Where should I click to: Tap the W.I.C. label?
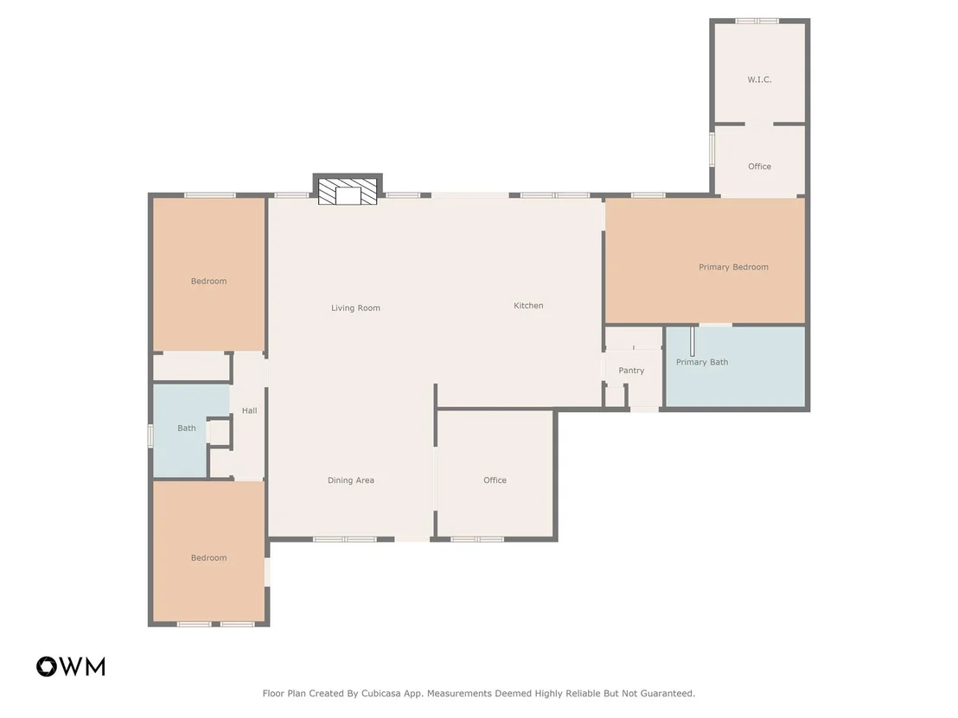(x=759, y=79)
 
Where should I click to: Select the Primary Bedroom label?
(x=733, y=267)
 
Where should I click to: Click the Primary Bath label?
(x=702, y=362)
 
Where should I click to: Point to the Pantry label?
(x=631, y=371)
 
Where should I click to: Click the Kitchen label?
(x=528, y=305)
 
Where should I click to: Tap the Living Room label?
(x=355, y=308)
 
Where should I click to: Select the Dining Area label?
(x=351, y=480)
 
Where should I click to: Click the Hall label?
(x=249, y=411)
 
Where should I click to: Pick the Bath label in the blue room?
(x=187, y=428)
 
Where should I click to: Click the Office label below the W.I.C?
(x=759, y=166)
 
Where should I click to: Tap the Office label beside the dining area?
(x=495, y=480)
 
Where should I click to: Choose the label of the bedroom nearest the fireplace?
(x=209, y=282)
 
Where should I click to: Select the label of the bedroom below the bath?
(x=209, y=558)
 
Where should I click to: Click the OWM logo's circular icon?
(x=47, y=667)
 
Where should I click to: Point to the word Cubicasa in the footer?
(x=384, y=694)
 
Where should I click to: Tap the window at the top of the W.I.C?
(x=757, y=22)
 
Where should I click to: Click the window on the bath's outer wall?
(x=150, y=436)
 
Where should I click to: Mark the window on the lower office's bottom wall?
(x=477, y=539)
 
